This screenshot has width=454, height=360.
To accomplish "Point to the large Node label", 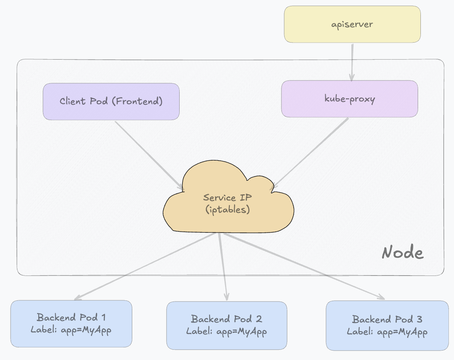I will click(x=403, y=253).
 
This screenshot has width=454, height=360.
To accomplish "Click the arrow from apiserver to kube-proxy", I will click(x=351, y=61).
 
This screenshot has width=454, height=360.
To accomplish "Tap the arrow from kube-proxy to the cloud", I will click(x=312, y=152).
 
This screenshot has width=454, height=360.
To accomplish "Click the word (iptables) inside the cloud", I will click(x=228, y=209).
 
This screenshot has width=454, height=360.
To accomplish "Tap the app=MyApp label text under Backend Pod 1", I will click(x=86, y=330).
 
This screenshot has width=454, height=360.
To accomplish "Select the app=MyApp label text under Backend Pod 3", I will click(x=402, y=332).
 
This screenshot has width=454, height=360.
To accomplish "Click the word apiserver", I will click(x=352, y=24).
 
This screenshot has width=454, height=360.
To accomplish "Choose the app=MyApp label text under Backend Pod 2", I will click(x=242, y=331).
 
